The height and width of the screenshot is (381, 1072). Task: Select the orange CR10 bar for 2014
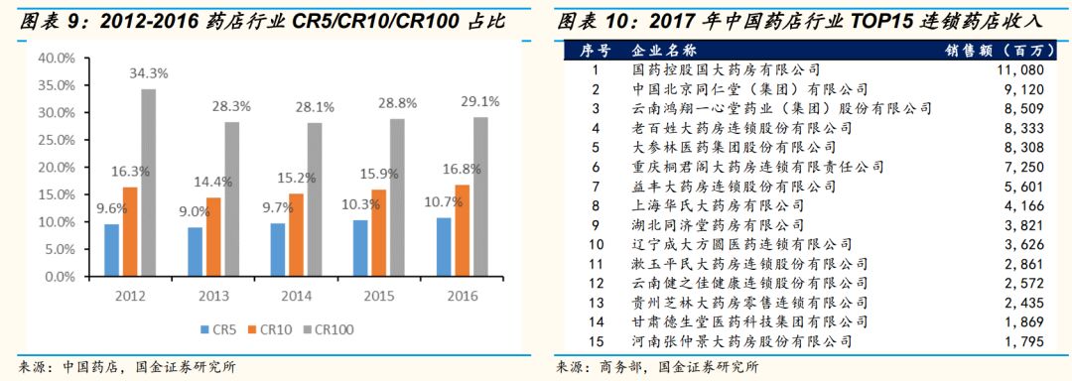(297, 234)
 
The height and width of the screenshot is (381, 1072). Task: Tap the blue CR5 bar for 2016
(443, 247)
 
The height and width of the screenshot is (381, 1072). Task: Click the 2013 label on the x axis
(213, 295)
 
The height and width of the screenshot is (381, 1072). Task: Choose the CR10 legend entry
(274, 329)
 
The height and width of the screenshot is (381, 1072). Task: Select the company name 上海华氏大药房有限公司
(719, 206)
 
